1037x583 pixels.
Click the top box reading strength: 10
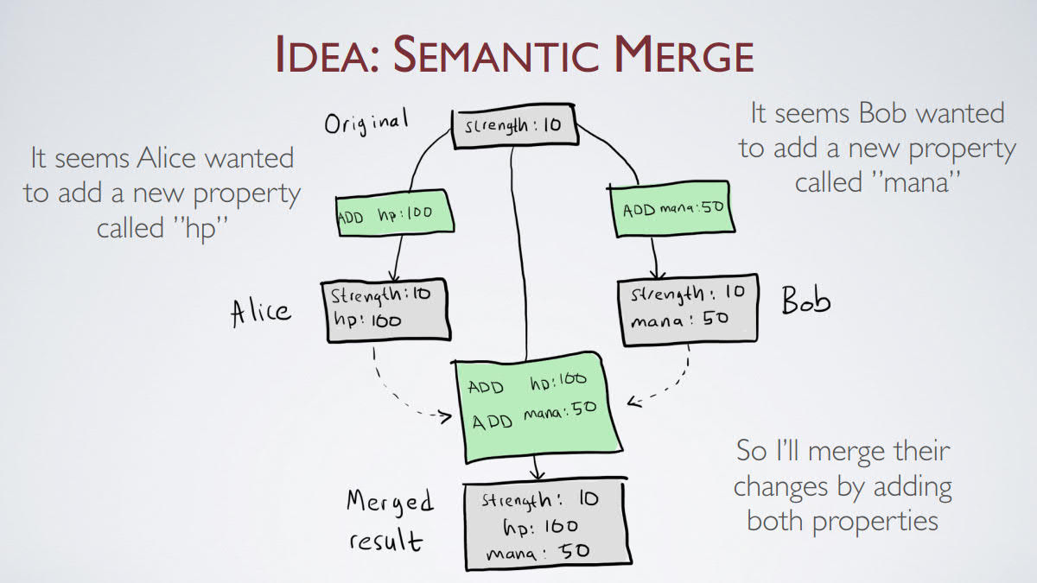tap(513, 126)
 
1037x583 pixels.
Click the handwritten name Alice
tap(261, 310)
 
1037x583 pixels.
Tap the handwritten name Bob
tap(805, 301)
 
